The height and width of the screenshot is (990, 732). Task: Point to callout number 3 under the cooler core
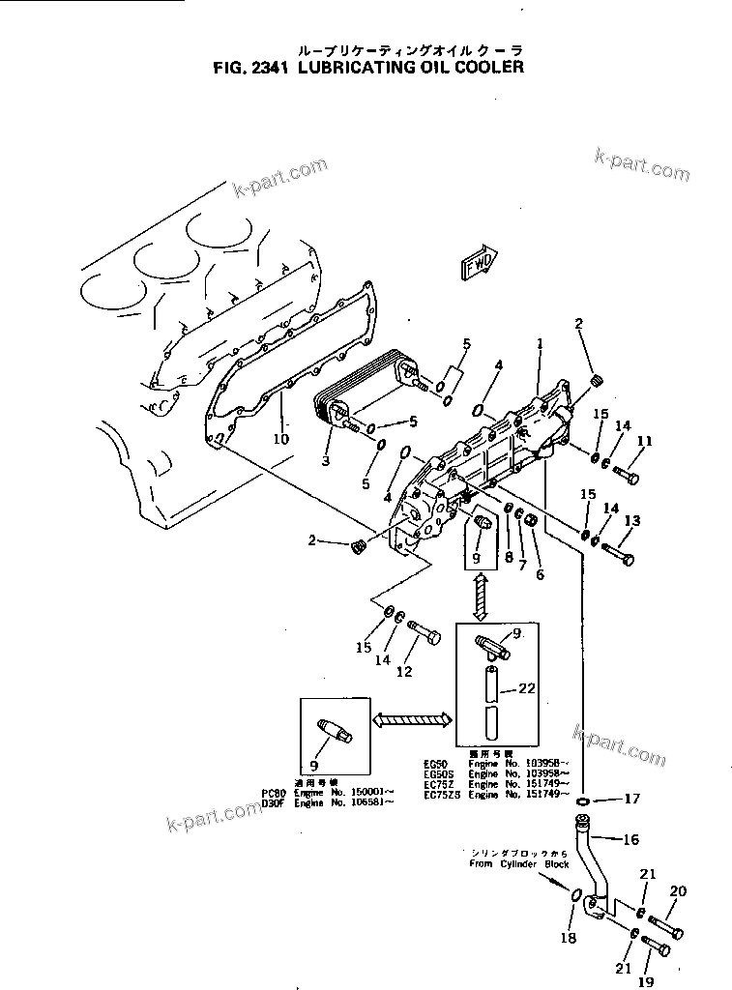tap(326, 462)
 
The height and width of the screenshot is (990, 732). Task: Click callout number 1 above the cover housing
tap(540, 343)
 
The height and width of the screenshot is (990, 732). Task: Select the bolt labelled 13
tap(617, 555)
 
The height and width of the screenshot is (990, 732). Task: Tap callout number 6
tap(540, 574)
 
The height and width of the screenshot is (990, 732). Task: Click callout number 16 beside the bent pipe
tap(630, 840)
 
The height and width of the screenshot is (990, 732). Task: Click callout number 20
tap(678, 890)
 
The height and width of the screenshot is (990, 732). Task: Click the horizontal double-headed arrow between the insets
tap(412, 718)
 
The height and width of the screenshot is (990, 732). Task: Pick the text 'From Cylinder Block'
tap(518, 863)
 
